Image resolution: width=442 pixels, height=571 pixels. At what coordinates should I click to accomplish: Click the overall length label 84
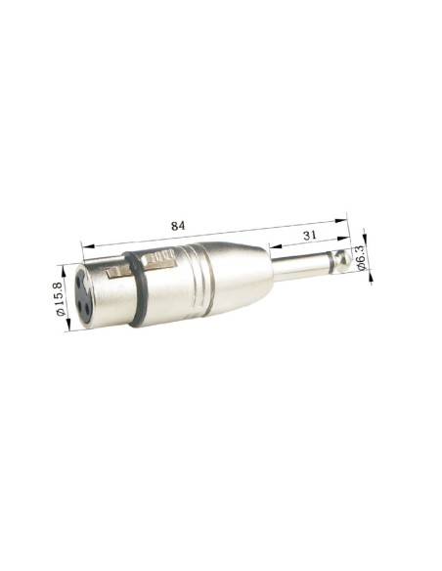click(177, 225)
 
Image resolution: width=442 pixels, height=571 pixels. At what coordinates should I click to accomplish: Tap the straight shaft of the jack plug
click(298, 265)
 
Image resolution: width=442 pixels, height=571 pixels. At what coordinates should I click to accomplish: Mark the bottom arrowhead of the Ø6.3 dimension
click(370, 277)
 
